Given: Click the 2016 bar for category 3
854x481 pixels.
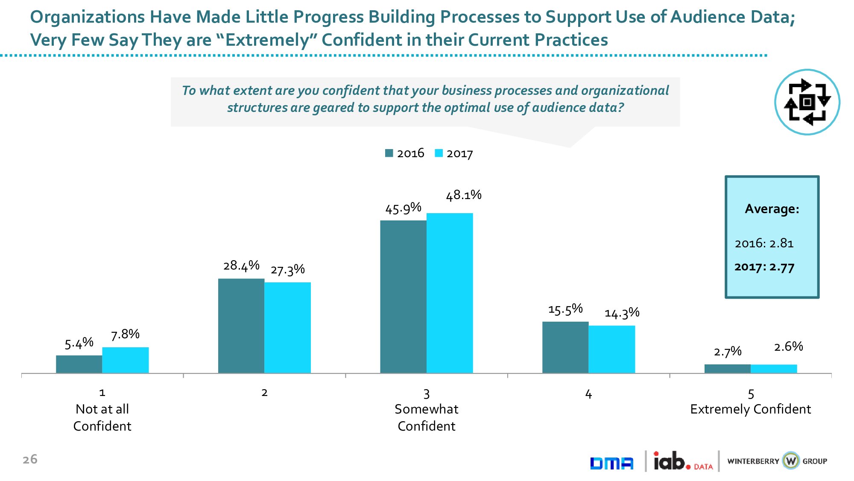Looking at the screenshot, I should click(403, 296).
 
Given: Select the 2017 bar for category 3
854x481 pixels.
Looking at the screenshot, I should click(450, 293).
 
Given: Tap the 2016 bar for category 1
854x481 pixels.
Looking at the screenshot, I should click(79, 364).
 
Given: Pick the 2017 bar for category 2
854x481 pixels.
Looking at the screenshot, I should click(287, 328).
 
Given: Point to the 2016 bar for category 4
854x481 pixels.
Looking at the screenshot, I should click(565, 347).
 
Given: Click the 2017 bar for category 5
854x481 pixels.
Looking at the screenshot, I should click(774, 369).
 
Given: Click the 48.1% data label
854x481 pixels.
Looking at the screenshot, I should click(463, 195).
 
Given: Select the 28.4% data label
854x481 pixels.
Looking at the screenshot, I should click(241, 266).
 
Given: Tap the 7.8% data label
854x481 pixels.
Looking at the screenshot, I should click(125, 334).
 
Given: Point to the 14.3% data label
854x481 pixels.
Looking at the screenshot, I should click(622, 313).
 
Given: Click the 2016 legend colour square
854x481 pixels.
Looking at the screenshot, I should click(389, 153).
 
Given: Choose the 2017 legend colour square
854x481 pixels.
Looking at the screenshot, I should click(439, 153).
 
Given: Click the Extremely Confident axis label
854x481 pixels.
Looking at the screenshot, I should click(750, 409).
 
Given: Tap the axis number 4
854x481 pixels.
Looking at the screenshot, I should click(588, 394).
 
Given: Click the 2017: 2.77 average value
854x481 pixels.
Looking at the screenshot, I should click(764, 267).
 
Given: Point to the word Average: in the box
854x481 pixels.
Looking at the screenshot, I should click(772, 209).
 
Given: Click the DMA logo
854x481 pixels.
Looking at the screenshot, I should click(611, 463).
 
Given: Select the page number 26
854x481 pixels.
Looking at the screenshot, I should click(30, 459).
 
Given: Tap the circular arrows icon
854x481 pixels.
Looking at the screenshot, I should click(807, 102).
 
